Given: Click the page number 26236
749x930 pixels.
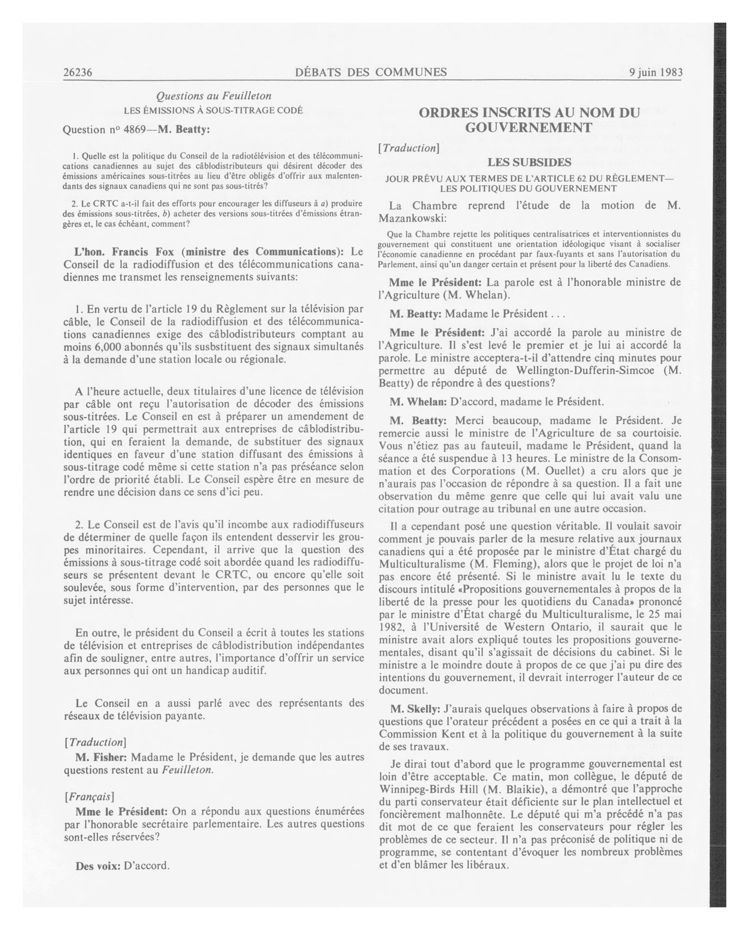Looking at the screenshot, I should (78, 72).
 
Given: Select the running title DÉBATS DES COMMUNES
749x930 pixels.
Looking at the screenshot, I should (371, 72).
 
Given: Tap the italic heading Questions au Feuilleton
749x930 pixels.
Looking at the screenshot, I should (213, 96).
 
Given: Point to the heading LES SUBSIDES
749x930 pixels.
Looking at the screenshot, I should (529, 163).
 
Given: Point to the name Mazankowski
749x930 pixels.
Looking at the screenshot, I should (412, 219).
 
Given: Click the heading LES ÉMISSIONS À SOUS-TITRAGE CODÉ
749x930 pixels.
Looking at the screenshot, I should (213, 110).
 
